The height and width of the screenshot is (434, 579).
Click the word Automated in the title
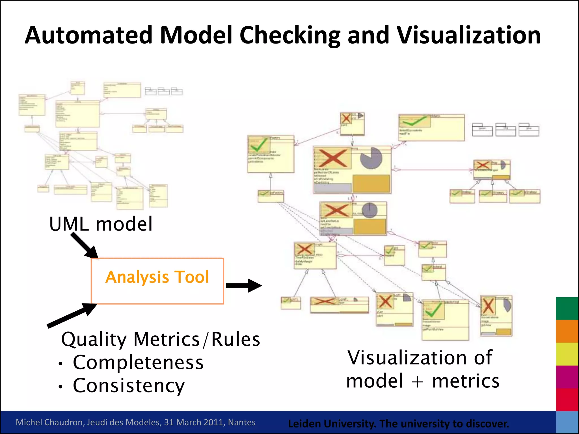click(x=88, y=35)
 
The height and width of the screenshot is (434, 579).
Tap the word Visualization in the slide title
click(x=468, y=35)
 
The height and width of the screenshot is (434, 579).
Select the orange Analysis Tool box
click(x=157, y=281)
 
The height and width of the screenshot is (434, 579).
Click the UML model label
click(x=101, y=224)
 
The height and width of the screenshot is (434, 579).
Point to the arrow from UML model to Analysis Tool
click(x=84, y=245)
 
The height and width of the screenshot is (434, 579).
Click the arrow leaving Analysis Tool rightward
click(x=244, y=285)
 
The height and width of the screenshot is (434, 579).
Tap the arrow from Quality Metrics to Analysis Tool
click(x=72, y=316)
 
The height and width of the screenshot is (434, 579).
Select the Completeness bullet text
click(x=138, y=362)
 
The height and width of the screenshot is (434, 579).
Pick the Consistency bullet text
click(x=129, y=385)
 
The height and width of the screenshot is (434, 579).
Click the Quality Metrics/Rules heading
click(x=160, y=339)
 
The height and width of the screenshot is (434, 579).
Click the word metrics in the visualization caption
click(x=466, y=381)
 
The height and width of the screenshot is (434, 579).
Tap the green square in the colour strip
click(x=567, y=308)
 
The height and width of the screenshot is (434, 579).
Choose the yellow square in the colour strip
click(x=567, y=354)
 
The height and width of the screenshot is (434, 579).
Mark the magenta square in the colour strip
click(x=567, y=377)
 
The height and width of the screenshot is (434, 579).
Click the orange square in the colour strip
click(x=567, y=331)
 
